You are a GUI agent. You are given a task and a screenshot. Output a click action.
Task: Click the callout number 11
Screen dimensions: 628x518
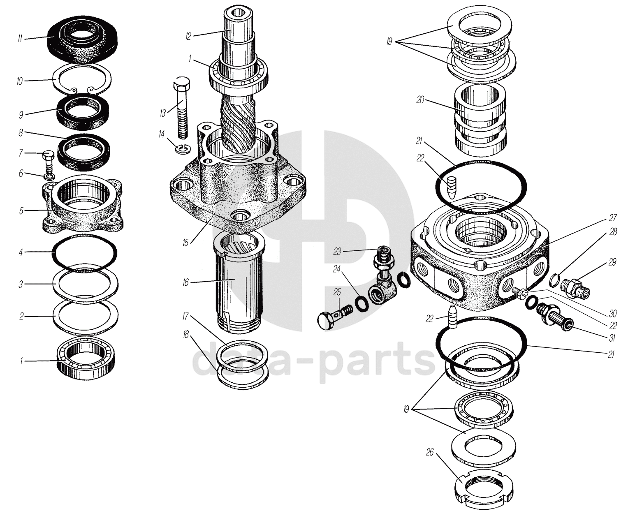click(x=20, y=39)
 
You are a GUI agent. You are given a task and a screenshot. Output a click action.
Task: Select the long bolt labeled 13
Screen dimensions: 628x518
click(x=181, y=108)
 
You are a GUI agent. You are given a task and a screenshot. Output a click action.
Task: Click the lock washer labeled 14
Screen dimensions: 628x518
click(x=181, y=149)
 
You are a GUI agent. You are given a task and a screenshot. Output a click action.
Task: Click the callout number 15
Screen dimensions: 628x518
click(x=185, y=243)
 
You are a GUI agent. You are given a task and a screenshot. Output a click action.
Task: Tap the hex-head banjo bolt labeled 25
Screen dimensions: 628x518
click(x=334, y=316)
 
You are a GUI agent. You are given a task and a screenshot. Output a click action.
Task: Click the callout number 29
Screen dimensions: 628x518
click(x=612, y=262)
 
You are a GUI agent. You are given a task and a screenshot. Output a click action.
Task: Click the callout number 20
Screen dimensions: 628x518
click(x=420, y=100)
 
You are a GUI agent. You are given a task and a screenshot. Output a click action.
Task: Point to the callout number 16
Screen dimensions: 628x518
click(x=185, y=282)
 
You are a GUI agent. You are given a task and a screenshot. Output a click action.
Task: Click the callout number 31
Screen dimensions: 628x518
click(x=612, y=338)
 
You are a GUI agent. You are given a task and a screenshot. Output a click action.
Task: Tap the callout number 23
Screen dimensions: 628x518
click(x=337, y=252)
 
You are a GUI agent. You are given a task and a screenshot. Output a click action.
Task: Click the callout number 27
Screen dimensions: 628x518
click(x=613, y=217)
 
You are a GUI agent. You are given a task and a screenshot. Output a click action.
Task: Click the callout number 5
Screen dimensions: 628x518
click(x=21, y=211)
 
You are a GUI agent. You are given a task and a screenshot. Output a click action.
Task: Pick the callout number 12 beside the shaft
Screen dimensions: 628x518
click(x=188, y=37)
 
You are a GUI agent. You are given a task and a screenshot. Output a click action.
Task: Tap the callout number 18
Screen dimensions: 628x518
click(x=185, y=334)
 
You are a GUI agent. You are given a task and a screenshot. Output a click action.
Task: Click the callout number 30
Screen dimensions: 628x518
click(x=613, y=314)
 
